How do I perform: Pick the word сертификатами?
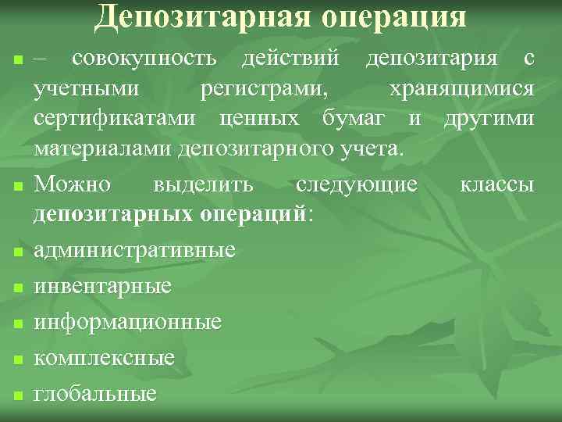(x=114, y=119)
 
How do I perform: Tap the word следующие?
(x=357, y=186)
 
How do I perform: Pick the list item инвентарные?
(x=102, y=286)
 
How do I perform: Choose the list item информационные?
(x=127, y=322)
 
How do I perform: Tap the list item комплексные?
(x=104, y=358)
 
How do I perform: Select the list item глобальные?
(x=95, y=393)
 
